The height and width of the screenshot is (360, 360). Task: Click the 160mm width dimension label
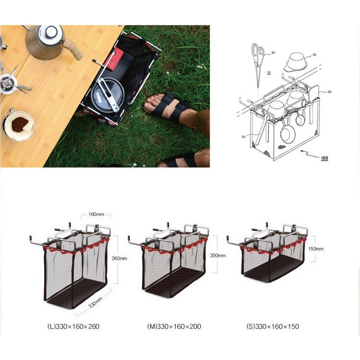[96, 214]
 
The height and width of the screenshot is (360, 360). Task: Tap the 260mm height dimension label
[120, 258]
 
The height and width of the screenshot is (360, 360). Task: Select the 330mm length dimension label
[95, 302]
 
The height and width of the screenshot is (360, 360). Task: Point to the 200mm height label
[217, 255]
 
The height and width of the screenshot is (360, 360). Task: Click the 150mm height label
[316, 249]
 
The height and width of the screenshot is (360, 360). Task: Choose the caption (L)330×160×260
[73, 326]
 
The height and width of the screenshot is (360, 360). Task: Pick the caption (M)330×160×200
[174, 326]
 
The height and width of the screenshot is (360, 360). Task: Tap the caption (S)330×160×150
[273, 326]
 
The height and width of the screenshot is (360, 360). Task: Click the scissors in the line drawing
[258, 64]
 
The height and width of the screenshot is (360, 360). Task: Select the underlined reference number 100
[324, 158]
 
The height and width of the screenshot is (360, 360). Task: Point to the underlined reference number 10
[269, 72]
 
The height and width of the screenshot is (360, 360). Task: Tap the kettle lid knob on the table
[51, 32]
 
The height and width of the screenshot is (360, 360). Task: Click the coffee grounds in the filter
[20, 124]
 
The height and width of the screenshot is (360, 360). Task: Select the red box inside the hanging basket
[115, 59]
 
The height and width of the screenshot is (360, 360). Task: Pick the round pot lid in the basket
[108, 95]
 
